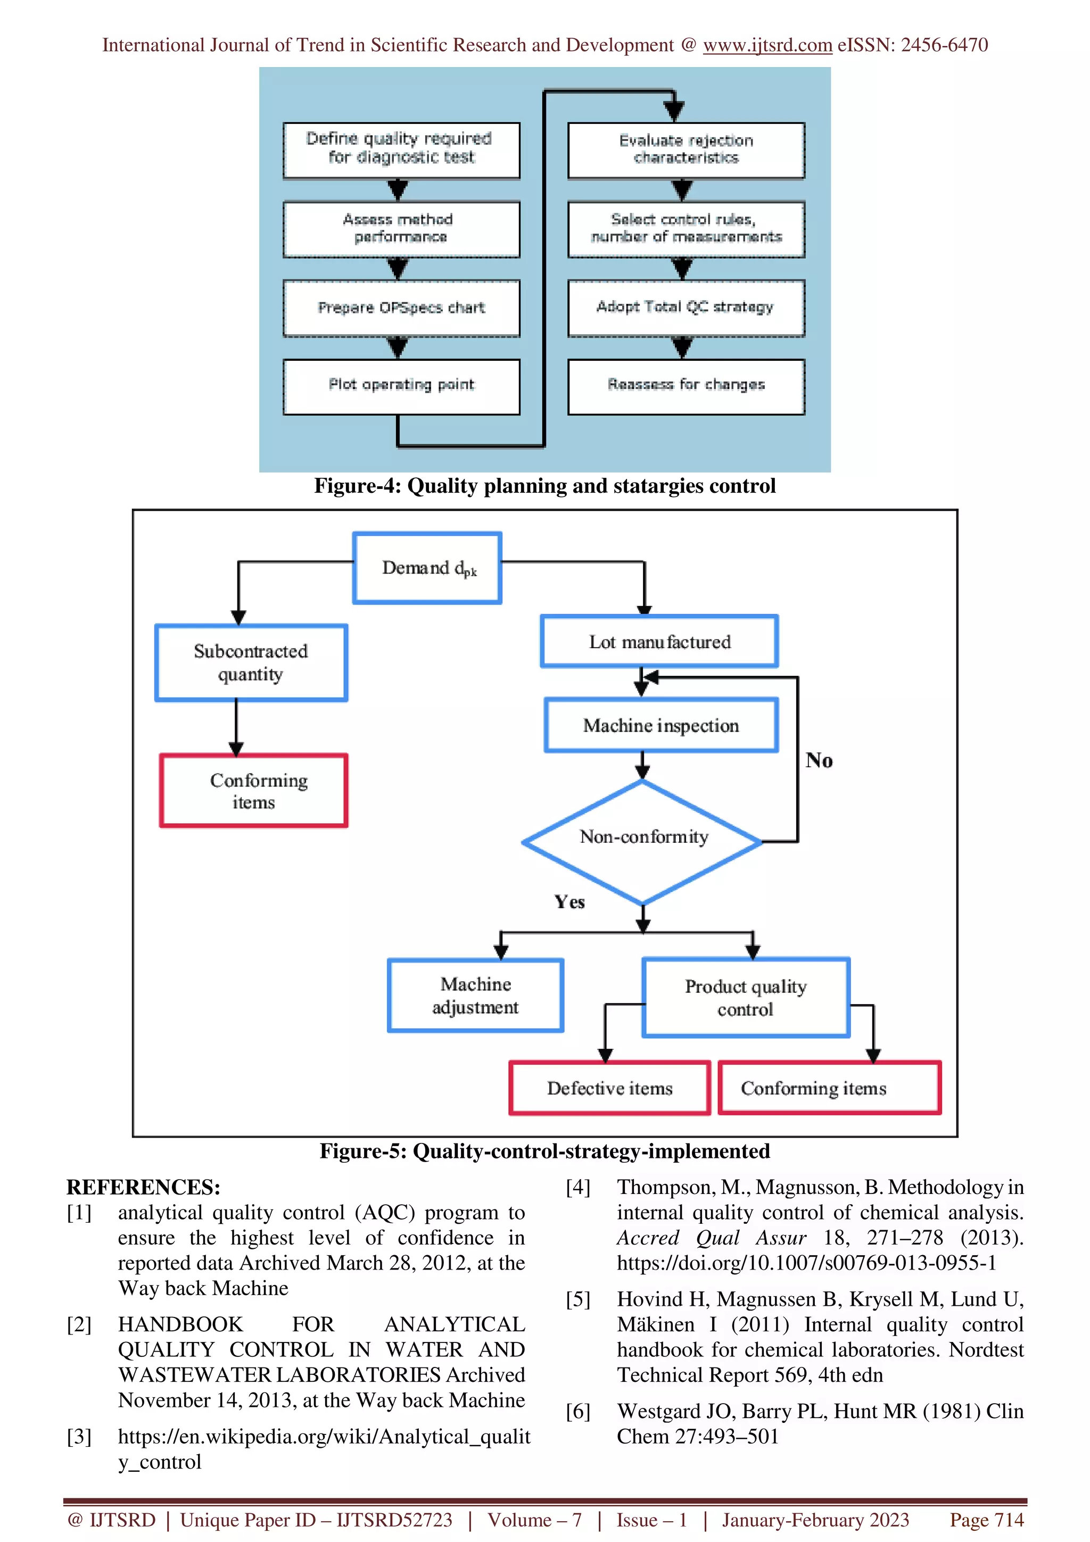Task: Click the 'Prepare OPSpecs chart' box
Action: [x=401, y=308]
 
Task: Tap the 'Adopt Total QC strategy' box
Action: [x=686, y=308]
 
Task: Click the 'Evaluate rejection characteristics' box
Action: [x=686, y=150]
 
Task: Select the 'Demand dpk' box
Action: [x=427, y=568]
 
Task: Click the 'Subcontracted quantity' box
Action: [x=251, y=663]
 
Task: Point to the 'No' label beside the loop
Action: [x=819, y=760]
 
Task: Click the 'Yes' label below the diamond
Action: [x=569, y=902]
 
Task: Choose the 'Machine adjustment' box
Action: [x=475, y=996]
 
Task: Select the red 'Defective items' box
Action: [x=609, y=1088]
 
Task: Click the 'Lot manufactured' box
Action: [x=659, y=642]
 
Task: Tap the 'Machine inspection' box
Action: [x=661, y=726]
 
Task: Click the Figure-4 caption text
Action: [x=544, y=486]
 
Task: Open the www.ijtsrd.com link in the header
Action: [x=767, y=45]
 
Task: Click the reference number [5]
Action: [x=577, y=1299]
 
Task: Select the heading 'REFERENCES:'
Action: [x=143, y=1188]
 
